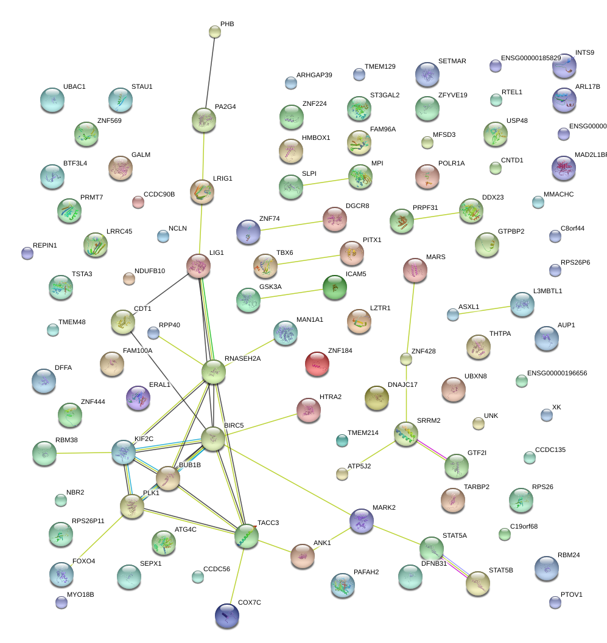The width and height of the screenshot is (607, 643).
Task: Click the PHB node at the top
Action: point(214,31)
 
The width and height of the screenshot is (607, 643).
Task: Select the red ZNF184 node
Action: point(317,364)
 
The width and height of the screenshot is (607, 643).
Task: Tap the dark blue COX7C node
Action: point(227,616)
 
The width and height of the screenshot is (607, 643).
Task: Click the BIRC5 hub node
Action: point(213,439)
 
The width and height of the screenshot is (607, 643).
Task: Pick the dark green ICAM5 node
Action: point(334,287)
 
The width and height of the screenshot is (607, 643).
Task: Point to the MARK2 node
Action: point(362,520)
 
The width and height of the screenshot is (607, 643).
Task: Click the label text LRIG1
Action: point(223,179)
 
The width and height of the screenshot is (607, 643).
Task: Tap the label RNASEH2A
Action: point(242,358)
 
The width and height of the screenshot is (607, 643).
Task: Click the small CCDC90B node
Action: point(138,202)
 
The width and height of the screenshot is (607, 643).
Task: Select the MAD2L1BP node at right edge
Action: point(563,168)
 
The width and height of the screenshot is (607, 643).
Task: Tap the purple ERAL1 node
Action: point(138,398)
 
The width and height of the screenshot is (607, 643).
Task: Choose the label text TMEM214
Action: point(363,433)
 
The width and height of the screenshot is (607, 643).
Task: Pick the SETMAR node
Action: point(427,74)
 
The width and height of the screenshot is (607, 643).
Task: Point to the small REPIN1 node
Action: point(26,253)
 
